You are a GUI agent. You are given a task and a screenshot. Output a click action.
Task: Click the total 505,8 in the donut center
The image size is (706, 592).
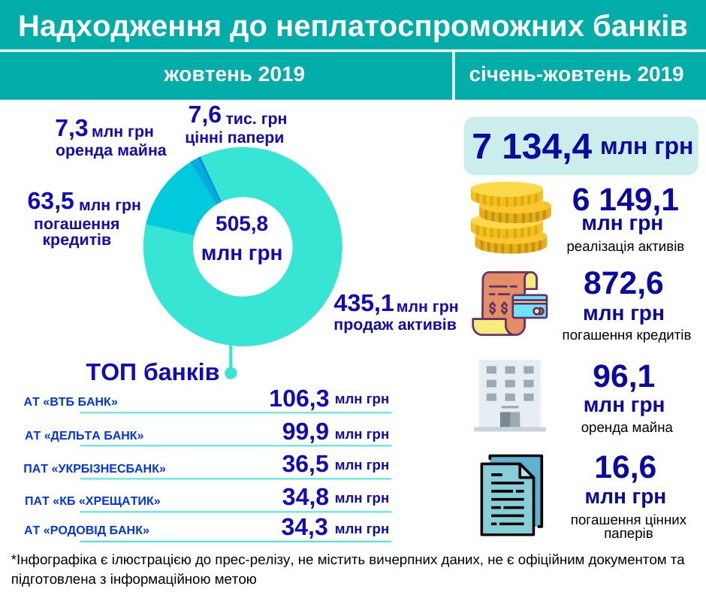[242, 224]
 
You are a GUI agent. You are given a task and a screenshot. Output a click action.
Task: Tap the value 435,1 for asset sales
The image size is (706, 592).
[364, 304]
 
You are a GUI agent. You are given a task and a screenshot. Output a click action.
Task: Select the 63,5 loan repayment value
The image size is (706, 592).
[50, 201]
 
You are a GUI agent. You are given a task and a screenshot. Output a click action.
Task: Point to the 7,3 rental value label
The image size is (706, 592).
[71, 128]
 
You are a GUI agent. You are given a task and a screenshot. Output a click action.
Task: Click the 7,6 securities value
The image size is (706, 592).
[204, 115]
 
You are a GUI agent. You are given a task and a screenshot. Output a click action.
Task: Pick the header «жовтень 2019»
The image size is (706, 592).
[234, 74]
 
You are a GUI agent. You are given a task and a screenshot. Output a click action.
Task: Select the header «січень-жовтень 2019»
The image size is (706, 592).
[576, 74]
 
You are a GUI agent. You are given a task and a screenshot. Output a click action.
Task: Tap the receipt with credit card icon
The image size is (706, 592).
[509, 303]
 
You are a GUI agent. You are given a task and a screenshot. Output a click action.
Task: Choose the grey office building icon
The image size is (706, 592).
[510, 395]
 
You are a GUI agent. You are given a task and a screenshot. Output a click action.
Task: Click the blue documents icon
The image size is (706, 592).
[511, 494]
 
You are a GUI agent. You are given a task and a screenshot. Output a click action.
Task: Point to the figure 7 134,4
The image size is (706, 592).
[532, 146]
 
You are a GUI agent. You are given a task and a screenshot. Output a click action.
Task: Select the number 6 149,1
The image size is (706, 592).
[625, 200]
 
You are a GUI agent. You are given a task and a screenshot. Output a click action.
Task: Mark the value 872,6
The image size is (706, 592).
[623, 283]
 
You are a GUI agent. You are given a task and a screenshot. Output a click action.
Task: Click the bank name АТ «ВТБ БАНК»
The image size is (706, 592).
[71, 401]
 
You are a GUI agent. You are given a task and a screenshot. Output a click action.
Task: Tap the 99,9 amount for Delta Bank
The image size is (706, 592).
[305, 432]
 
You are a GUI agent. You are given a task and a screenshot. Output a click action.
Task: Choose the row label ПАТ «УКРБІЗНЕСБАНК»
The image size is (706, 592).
[95, 468]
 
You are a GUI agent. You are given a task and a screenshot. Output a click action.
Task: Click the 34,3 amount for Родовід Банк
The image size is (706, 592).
[304, 527]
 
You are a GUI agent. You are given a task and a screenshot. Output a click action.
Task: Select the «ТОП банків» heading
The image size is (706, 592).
[152, 372]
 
